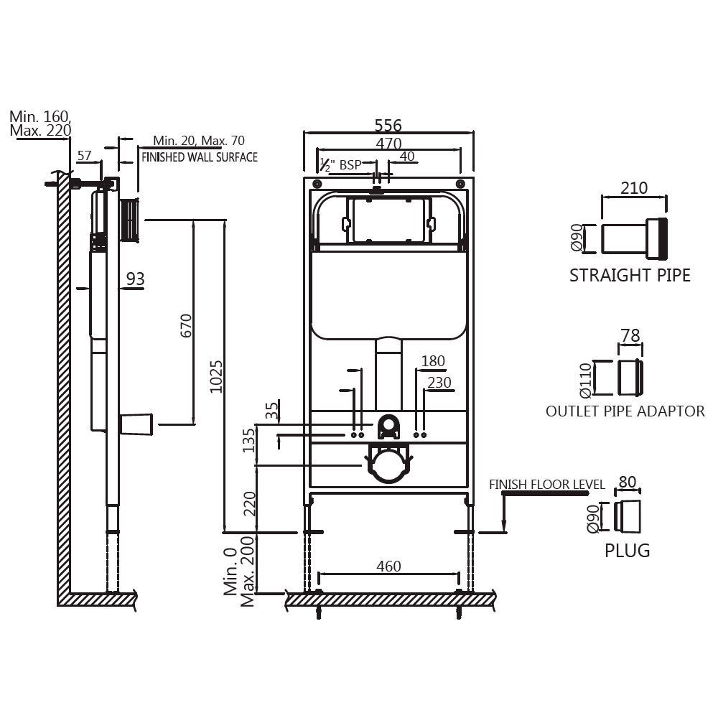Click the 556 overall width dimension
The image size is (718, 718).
pyautogui.click(x=388, y=125)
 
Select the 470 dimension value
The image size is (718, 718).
pyautogui.click(x=388, y=144)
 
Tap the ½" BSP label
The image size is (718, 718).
pyautogui.click(x=341, y=164)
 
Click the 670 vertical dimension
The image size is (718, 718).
pyautogui.click(x=187, y=325)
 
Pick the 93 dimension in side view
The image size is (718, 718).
pyautogui.click(x=135, y=279)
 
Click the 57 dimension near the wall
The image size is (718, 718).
pyautogui.click(x=84, y=155)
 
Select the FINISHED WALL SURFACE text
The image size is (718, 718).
pyautogui.click(x=199, y=157)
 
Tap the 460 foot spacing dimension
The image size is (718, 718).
pyautogui.click(x=388, y=566)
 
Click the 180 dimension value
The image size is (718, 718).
pyautogui.click(x=433, y=361)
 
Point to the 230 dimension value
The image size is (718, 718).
pyautogui.click(x=439, y=383)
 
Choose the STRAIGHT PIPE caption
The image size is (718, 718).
pyautogui.click(x=630, y=275)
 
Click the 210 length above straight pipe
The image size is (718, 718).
pyautogui.click(x=634, y=188)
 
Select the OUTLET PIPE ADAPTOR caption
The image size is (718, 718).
pyautogui.click(x=625, y=411)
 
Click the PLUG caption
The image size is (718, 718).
pyautogui.click(x=627, y=551)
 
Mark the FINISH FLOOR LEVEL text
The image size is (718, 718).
pyautogui.click(x=547, y=485)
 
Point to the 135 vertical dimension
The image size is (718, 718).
pyautogui.click(x=248, y=440)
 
